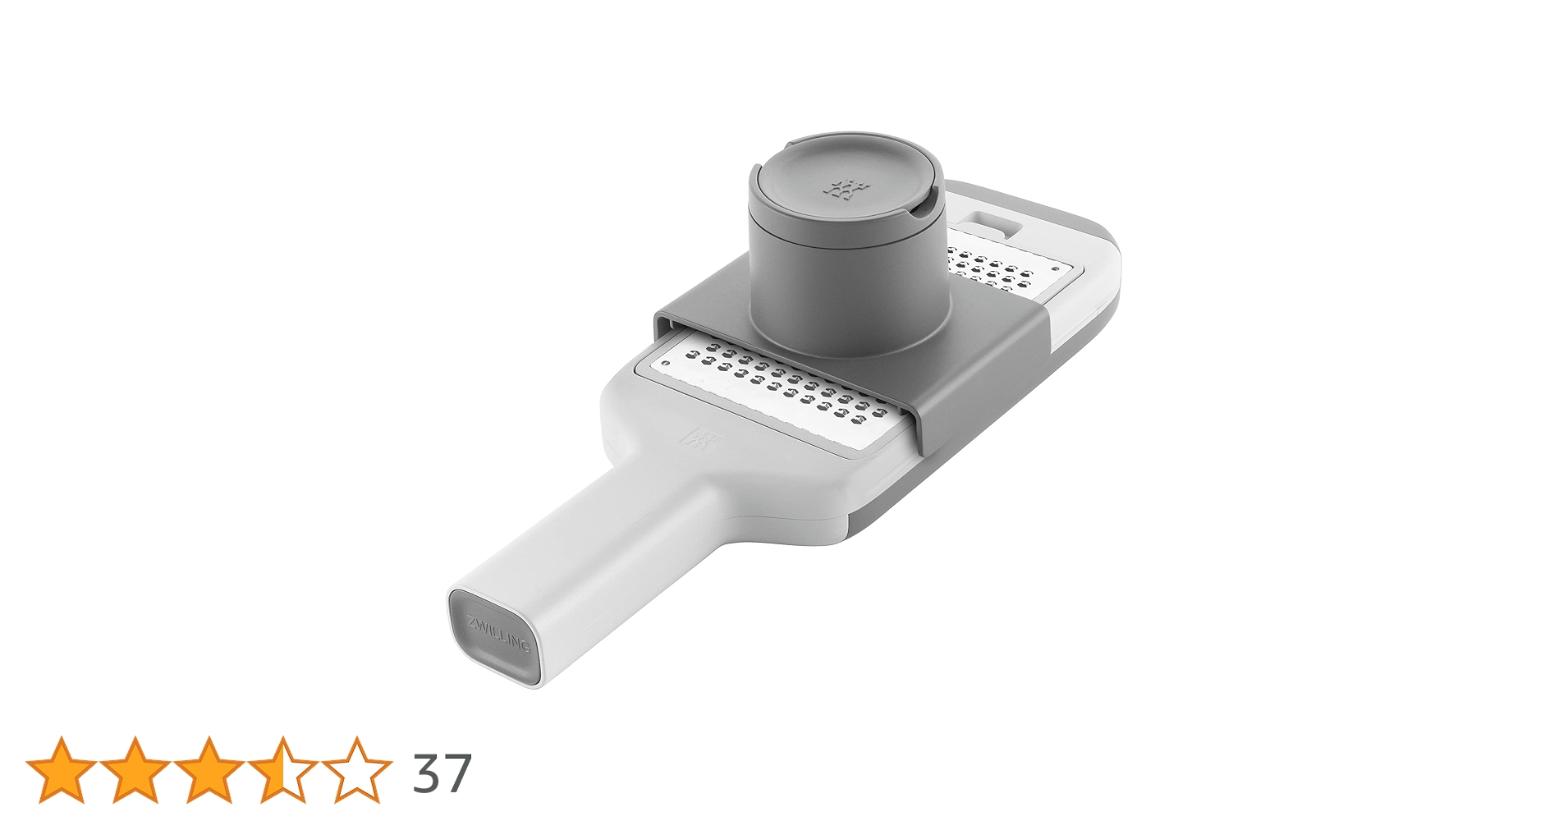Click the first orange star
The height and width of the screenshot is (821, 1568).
(x=61, y=770)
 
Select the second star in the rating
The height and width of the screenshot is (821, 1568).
(x=135, y=770)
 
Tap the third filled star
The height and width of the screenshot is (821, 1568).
(x=209, y=770)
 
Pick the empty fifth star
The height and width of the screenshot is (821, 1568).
(x=356, y=770)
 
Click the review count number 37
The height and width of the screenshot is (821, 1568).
(x=442, y=773)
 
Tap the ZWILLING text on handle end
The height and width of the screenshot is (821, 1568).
(x=497, y=634)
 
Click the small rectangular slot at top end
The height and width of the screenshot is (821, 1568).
(x=992, y=224)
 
